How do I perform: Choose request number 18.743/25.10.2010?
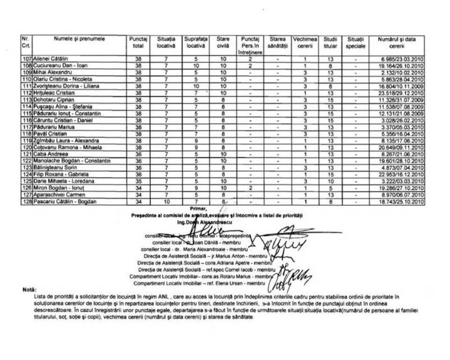tap(401, 202)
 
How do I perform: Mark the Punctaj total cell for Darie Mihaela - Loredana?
tap(138, 181)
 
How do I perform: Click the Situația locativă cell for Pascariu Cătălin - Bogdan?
tap(166, 202)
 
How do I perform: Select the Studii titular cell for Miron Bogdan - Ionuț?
tap(330, 188)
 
